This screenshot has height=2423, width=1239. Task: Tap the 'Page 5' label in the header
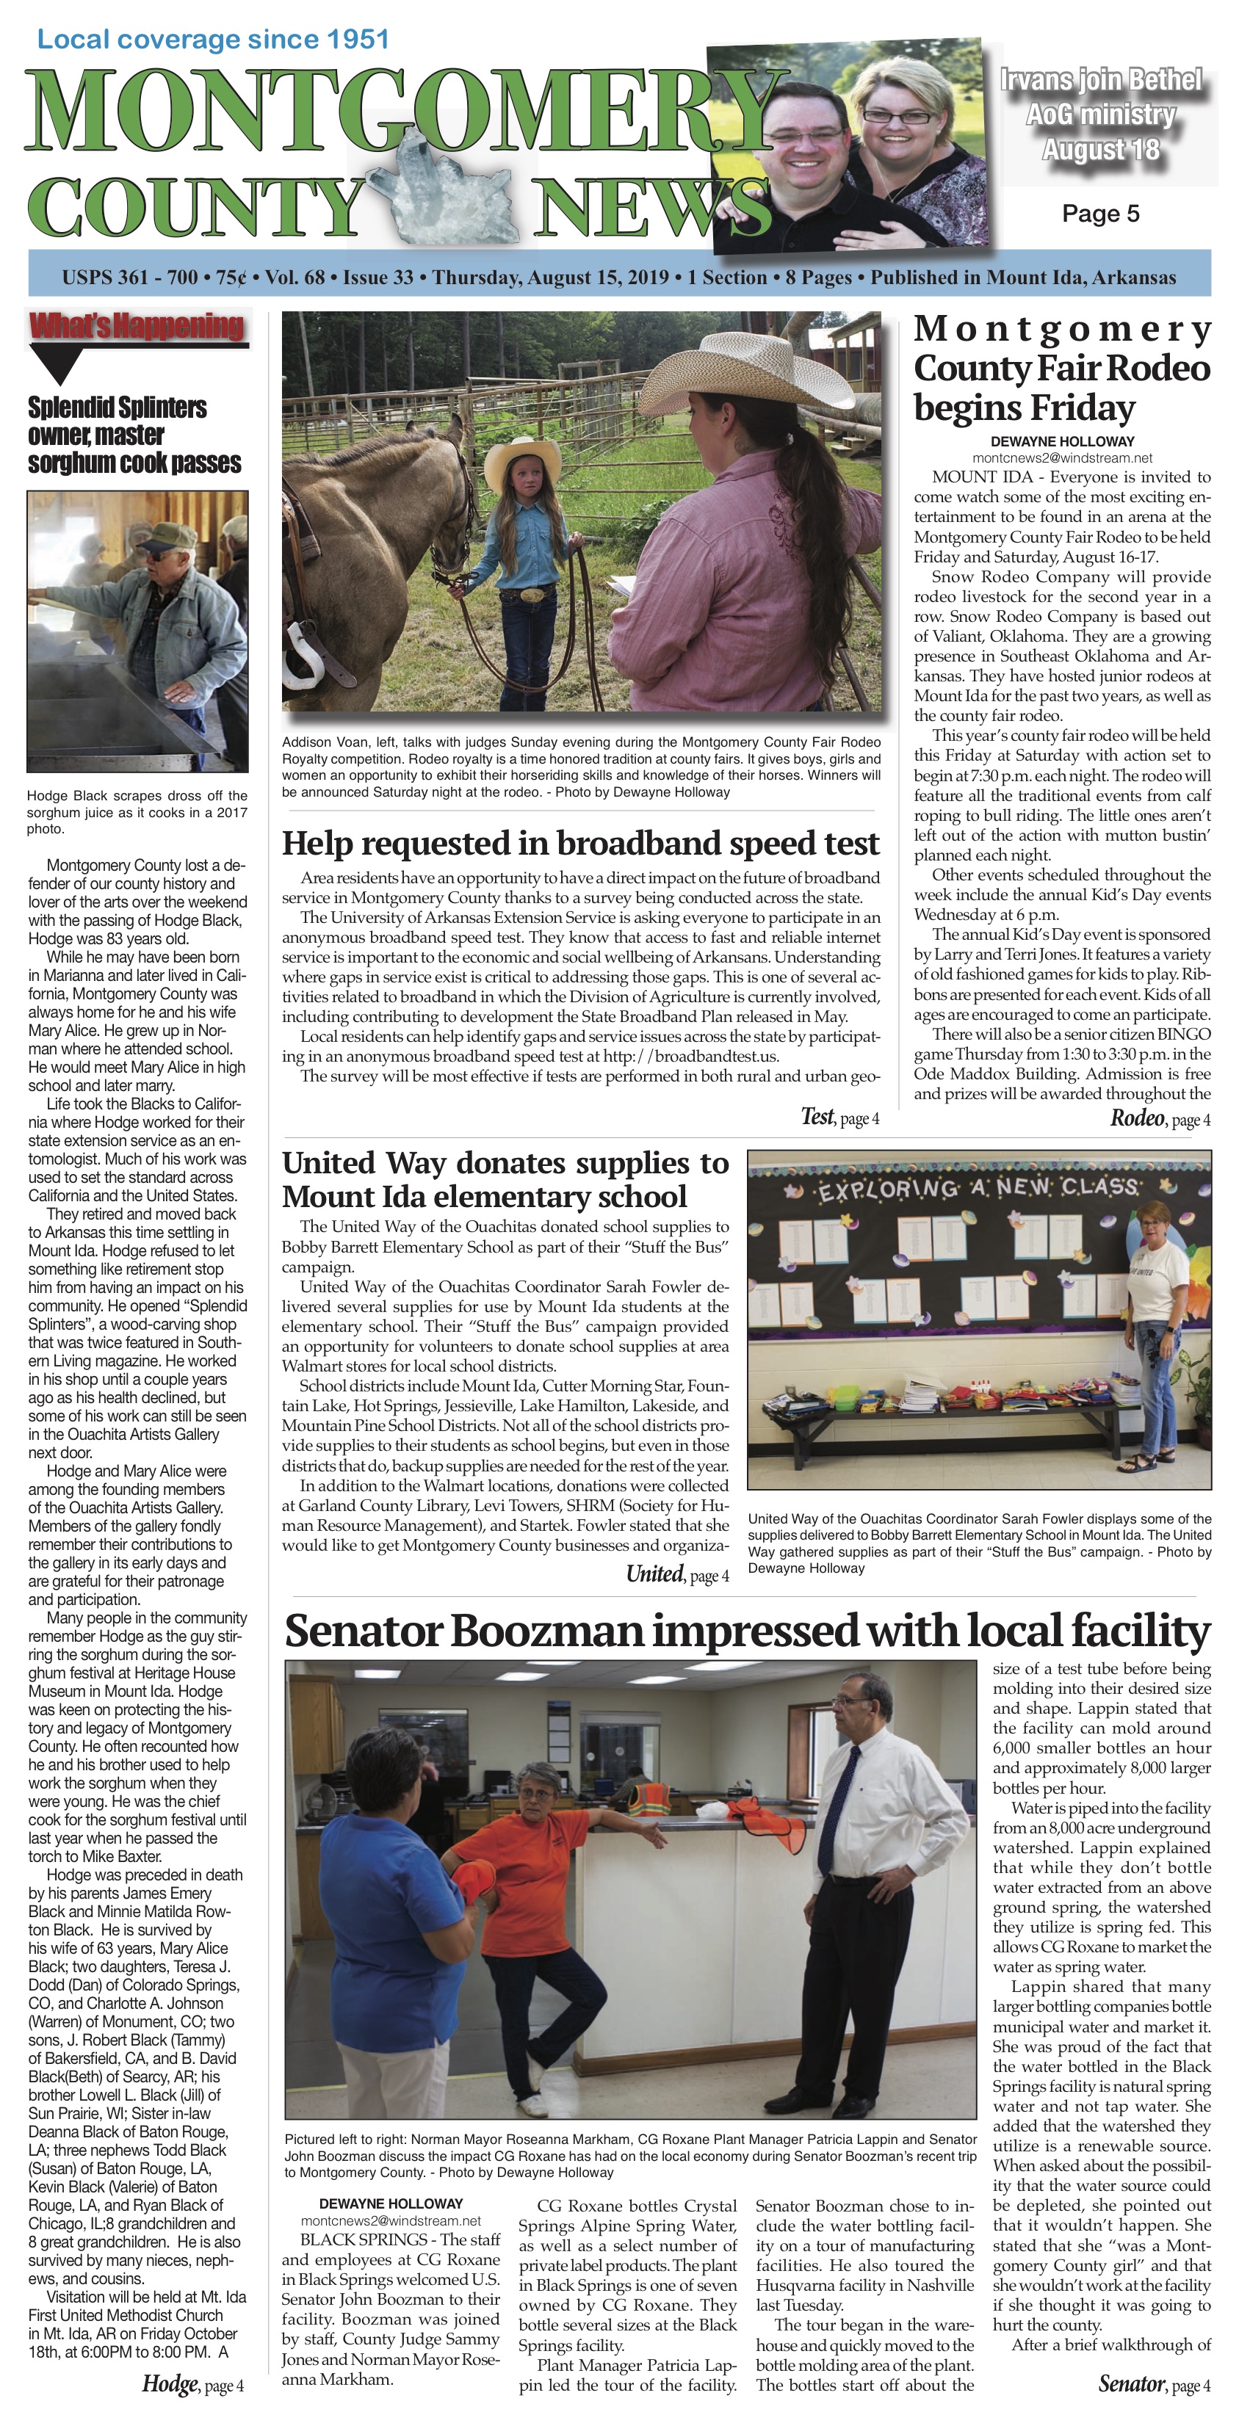pos(1099,214)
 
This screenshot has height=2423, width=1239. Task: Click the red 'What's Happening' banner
pos(137,327)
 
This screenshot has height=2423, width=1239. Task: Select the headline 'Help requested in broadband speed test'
pos(580,843)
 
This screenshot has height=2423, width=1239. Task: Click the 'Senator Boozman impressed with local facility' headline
pos(747,1630)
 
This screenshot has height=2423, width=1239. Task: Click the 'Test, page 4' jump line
pos(839,1118)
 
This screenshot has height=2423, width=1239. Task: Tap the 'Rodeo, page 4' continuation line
pos(1159,1118)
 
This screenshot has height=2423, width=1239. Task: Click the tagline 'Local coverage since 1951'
pos(212,40)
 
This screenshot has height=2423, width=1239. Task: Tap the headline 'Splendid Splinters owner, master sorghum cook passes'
pos(134,435)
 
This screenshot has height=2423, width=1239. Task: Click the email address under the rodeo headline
pos(1062,457)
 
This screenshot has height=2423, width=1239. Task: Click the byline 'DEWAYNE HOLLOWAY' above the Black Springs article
pos(391,2203)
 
